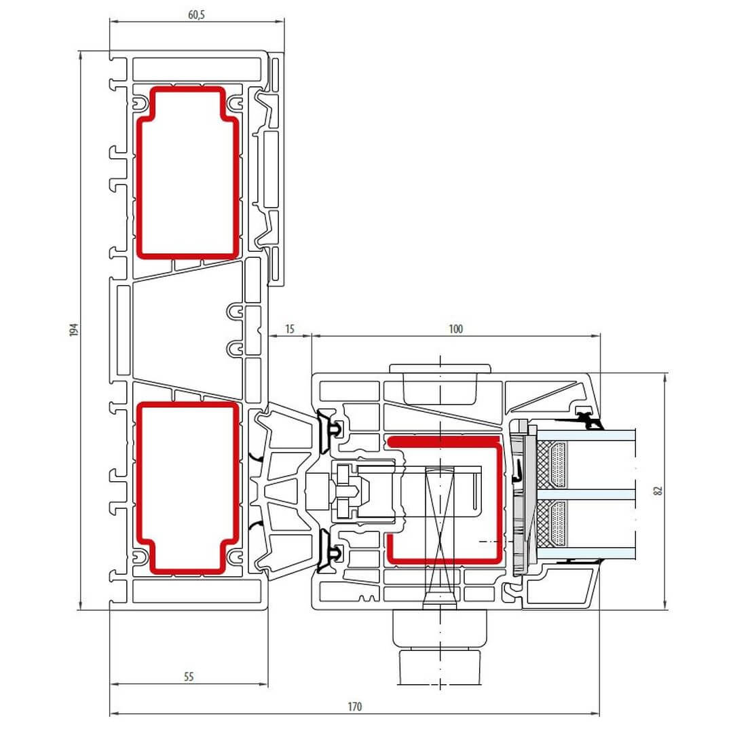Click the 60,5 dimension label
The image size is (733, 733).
(196, 15)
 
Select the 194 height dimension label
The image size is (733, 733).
(74, 330)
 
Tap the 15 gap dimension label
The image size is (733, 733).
(290, 329)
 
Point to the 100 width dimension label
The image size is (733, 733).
(456, 329)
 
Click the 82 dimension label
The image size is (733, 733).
(658, 491)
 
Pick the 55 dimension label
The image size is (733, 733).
(189, 677)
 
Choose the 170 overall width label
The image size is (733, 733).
(355, 707)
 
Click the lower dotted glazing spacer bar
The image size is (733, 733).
(558, 524)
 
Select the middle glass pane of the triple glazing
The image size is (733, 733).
(586, 495)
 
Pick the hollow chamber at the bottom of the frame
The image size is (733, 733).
(197, 591)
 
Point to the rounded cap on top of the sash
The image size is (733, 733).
(440, 369)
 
